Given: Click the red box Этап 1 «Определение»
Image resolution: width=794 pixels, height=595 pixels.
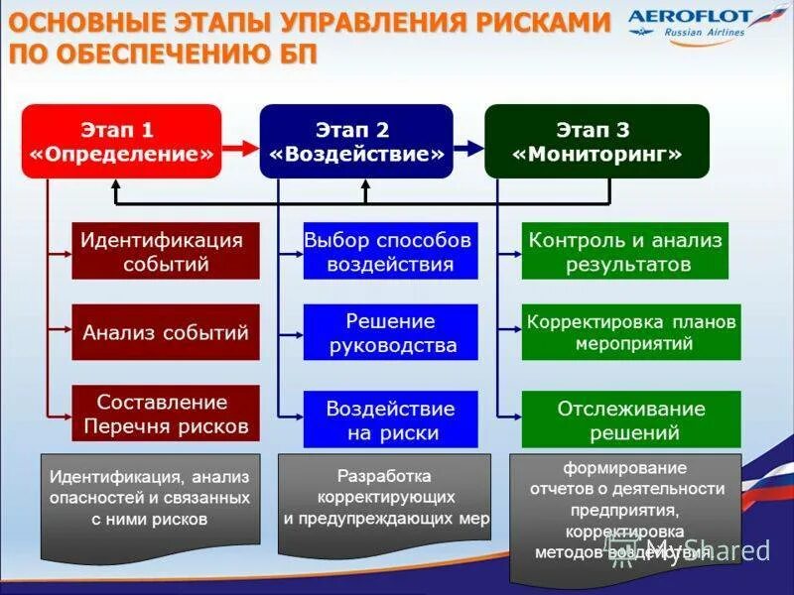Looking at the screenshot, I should pyautogui.click(x=121, y=142).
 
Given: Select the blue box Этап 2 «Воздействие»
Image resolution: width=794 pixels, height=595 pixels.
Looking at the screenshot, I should pyautogui.click(x=356, y=142).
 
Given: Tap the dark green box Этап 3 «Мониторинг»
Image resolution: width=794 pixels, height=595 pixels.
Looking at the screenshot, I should pyautogui.click(x=596, y=142).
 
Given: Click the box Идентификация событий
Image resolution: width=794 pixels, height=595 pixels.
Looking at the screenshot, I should pyautogui.click(x=166, y=251).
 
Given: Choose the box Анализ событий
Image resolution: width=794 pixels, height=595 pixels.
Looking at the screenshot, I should pyautogui.click(x=166, y=332).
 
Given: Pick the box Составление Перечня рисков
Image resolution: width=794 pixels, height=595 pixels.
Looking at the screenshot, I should pyautogui.click(x=166, y=414).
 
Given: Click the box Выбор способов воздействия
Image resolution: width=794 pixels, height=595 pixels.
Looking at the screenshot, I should pyautogui.click(x=390, y=251).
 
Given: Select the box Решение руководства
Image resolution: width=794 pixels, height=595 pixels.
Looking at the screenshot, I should pyautogui.click(x=390, y=332).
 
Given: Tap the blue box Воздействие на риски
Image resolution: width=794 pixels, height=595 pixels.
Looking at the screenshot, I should pyautogui.click(x=390, y=418).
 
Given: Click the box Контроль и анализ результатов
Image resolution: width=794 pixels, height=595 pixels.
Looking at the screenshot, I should pyautogui.click(x=625, y=251).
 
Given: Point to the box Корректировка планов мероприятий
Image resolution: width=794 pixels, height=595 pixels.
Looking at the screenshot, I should pyautogui.click(x=631, y=332).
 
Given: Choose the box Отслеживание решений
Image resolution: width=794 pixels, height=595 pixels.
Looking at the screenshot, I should pyautogui.click(x=631, y=419).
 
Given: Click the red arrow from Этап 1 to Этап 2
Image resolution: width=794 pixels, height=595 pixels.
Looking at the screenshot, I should pyautogui.click(x=239, y=148).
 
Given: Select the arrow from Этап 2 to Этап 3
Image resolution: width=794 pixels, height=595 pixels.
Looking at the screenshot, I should pyautogui.click(x=468, y=148).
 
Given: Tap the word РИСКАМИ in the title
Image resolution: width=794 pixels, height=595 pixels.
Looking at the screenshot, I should pyautogui.click(x=522, y=21).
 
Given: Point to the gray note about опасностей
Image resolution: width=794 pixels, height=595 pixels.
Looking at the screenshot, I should pyautogui.click(x=150, y=499).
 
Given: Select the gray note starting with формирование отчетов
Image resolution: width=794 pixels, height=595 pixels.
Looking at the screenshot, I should pyautogui.click(x=625, y=511).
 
